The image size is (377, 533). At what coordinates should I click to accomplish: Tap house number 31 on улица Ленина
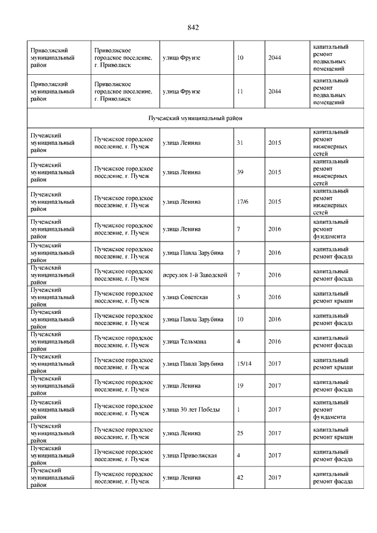tap(239, 143)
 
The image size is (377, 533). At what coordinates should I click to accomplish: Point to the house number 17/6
tap(242, 201)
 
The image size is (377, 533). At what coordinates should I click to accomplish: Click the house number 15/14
tap(242, 363)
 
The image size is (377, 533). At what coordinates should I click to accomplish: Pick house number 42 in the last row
tap(239, 478)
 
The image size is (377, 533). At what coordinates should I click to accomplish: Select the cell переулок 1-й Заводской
tap(194, 275)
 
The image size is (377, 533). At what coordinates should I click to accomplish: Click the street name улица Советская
tap(185, 297)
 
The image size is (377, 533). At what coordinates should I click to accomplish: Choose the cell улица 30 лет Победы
tap(190, 409)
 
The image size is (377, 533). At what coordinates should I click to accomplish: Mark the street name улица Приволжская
tap(190, 455)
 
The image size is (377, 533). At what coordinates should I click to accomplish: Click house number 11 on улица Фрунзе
tap(239, 92)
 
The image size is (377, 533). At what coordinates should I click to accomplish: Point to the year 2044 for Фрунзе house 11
tap(275, 92)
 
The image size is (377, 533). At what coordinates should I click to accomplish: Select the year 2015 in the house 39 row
tap(275, 172)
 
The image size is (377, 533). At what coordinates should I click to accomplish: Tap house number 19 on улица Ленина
tap(239, 386)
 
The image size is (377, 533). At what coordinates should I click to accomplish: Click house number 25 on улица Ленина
tap(239, 433)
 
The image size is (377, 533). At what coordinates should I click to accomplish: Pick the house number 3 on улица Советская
tap(238, 297)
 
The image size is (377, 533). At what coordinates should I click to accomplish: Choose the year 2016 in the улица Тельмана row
tap(275, 341)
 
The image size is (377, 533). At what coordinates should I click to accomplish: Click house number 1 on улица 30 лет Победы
tap(238, 409)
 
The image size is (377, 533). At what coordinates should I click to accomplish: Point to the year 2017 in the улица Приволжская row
tap(275, 455)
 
